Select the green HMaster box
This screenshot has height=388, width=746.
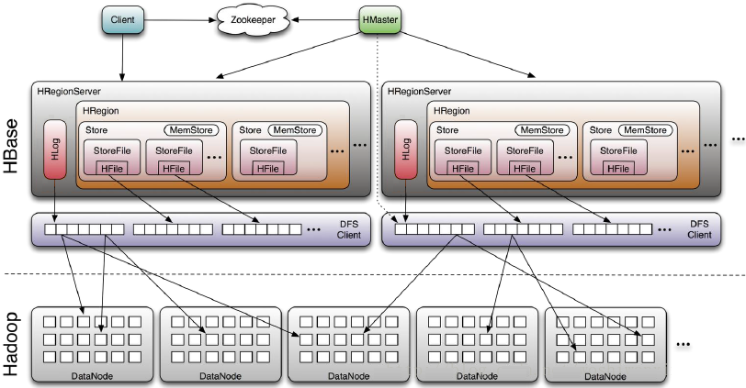[378, 17]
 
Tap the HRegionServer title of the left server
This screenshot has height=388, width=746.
[69, 92]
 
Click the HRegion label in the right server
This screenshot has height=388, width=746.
[450, 111]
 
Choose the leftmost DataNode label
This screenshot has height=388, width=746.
[89, 375]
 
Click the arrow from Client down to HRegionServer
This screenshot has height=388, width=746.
[121, 55]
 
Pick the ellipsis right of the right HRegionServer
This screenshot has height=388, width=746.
[737, 139]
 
